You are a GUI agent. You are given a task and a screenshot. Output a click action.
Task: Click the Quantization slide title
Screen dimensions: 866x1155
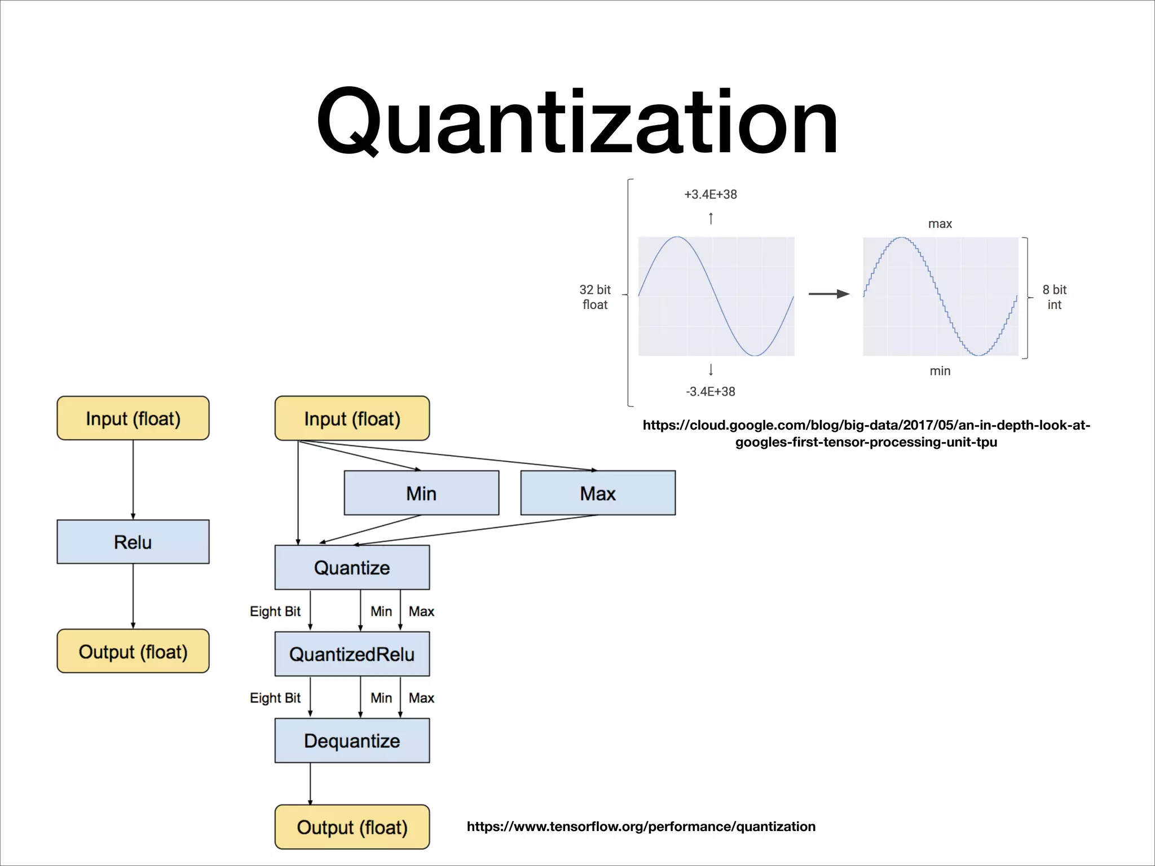pyautogui.click(x=577, y=121)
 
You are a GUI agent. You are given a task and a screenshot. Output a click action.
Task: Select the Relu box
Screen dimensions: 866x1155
pyautogui.click(x=133, y=542)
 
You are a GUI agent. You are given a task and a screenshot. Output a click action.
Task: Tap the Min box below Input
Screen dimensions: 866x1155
pyautogui.click(x=421, y=493)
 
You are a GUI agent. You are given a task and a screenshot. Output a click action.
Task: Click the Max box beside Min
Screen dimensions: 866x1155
pyautogui.click(x=598, y=493)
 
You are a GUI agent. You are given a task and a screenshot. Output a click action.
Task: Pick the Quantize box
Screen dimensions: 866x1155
pyautogui.click(x=352, y=567)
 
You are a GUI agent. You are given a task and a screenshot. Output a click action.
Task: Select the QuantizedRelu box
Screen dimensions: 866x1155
pyautogui.click(x=352, y=654)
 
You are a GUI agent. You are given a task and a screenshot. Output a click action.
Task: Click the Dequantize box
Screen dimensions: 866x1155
pyautogui.click(x=352, y=740)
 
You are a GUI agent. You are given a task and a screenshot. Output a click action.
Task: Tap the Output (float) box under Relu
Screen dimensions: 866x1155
pyautogui.click(x=133, y=651)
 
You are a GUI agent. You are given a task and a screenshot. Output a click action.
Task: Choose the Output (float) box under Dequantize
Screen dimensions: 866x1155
pyautogui.click(x=352, y=827)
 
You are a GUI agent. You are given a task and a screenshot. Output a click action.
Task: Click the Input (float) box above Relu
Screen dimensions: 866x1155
pyautogui.click(x=133, y=418)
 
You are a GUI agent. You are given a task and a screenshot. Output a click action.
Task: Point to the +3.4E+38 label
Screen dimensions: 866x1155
pyautogui.click(x=711, y=195)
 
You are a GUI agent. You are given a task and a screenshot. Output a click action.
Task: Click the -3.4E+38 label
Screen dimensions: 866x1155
pyautogui.click(x=711, y=391)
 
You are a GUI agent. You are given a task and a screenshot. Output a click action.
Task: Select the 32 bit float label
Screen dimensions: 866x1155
pyautogui.click(x=595, y=297)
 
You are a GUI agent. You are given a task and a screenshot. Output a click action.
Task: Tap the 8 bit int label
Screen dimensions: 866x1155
pyautogui.click(x=1054, y=297)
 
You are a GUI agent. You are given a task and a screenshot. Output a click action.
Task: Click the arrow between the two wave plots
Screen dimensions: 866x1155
pyautogui.click(x=828, y=294)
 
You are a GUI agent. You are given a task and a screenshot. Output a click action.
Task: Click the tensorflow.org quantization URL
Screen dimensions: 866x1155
pyautogui.click(x=641, y=827)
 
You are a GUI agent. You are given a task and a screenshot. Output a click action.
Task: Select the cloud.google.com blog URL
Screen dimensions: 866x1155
pyautogui.click(x=866, y=433)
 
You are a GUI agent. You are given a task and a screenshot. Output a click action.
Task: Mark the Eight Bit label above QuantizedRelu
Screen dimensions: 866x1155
pyautogui.click(x=275, y=611)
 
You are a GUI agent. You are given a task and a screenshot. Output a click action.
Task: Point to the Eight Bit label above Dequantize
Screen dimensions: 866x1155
pyautogui.click(x=275, y=698)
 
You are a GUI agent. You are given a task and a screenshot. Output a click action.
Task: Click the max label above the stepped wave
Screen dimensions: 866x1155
pyautogui.click(x=940, y=224)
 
